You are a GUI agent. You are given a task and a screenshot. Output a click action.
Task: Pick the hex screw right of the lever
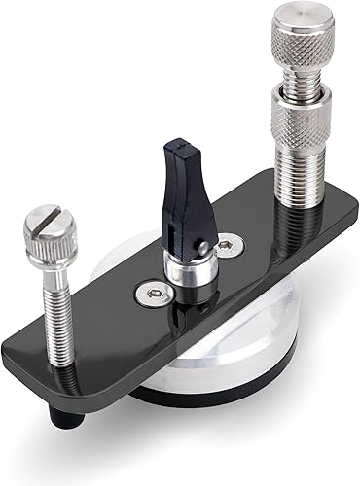228,246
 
